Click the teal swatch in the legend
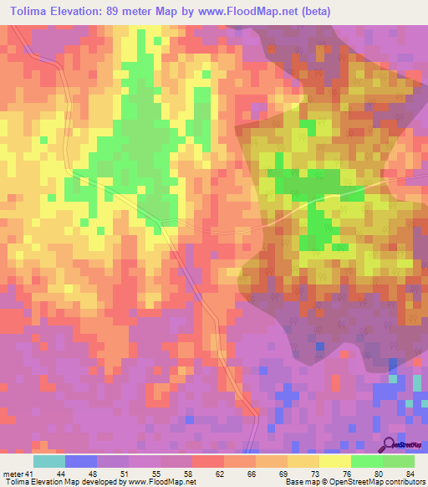(49, 462)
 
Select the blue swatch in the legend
(81, 462)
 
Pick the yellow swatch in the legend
(334, 462)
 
